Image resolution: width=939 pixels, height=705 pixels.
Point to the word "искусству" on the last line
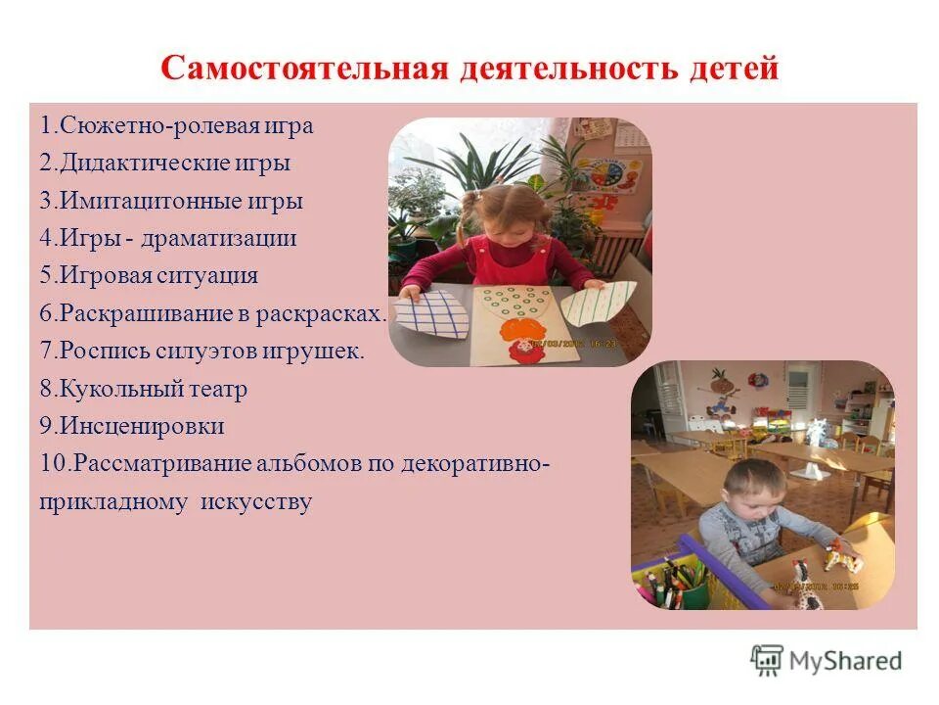[x=256, y=502]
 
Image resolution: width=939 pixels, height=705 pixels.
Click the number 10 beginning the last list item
[x=52, y=463]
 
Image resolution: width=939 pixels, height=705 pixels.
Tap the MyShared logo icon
[x=768, y=660]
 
